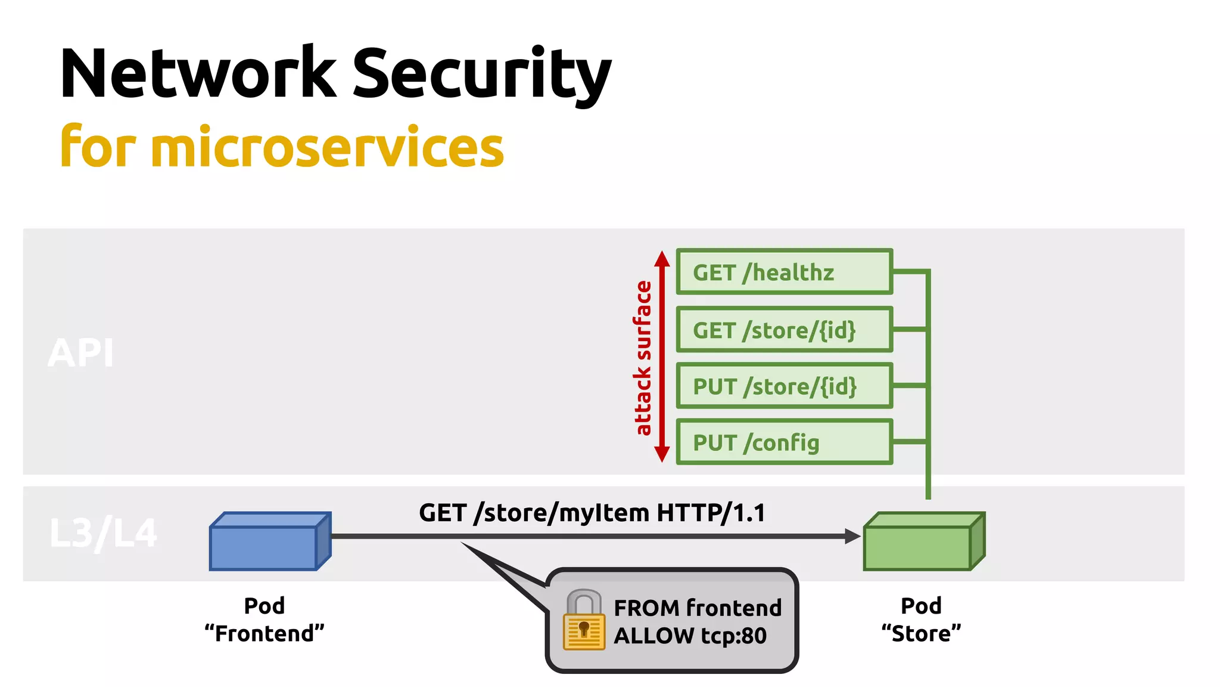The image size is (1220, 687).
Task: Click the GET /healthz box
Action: [x=785, y=271]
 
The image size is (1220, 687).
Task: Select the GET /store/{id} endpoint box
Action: [x=785, y=329]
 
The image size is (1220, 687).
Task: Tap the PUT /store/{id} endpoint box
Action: [x=785, y=386]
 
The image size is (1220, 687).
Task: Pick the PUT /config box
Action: [x=785, y=442]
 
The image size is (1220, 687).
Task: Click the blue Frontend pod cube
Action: [x=270, y=541]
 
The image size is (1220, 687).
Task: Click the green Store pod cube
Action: [x=925, y=541]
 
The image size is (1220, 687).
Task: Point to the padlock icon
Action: [x=584, y=620]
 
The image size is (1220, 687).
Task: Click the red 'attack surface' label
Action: [x=642, y=358]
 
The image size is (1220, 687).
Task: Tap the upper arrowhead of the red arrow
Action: [x=662, y=258]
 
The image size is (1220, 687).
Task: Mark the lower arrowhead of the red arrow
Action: [x=662, y=454]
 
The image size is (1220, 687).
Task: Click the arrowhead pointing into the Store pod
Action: [x=853, y=536]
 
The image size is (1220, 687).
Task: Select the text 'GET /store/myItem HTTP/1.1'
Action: [x=592, y=513]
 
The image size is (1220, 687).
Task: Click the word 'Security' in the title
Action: [x=482, y=74]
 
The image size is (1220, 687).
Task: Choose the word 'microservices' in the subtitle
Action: [x=327, y=147]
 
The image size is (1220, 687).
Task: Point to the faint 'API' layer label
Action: [x=80, y=353]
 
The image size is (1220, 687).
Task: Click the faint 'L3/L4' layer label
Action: [x=103, y=533]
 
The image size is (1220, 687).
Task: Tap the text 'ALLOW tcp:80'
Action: [x=690, y=636]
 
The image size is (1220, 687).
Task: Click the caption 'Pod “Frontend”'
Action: [x=264, y=620]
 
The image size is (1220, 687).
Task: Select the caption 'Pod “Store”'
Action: [x=921, y=620]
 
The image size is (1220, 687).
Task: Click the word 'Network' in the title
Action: [x=198, y=73]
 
